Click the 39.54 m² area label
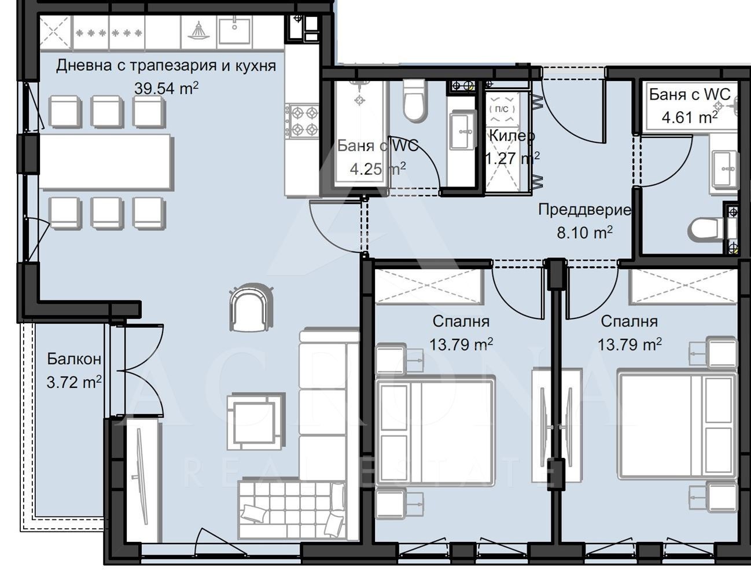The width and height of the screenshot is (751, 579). [x=166, y=88]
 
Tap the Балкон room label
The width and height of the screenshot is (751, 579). [x=74, y=358]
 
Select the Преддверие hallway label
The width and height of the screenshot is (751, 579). [x=585, y=210]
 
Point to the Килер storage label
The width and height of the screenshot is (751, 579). [x=512, y=135]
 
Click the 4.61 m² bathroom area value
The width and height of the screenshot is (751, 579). [x=690, y=118]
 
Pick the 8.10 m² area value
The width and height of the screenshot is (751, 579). [x=585, y=232]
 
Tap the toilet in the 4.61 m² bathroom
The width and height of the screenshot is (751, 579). [x=706, y=228]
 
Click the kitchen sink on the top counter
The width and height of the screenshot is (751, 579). [x=234, y=31]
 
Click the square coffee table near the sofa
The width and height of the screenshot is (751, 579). [x=256, y=421]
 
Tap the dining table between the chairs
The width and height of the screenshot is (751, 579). [x=105, y=162]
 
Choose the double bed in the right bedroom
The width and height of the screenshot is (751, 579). [x=678, y=426]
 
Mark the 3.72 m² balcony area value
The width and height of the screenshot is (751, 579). [x=74, y=382]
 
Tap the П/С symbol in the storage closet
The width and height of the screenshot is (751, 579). [x=502, y=109]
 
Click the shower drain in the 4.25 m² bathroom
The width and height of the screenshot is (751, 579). [x=360, y=100]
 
